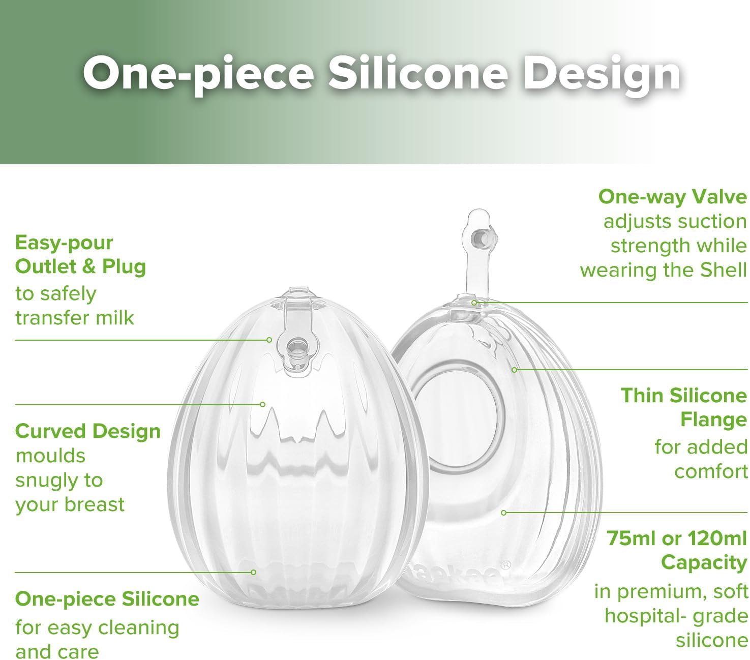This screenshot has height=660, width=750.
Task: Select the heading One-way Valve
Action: coord(672,197)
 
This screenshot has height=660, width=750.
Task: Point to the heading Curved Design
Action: coord(88,431)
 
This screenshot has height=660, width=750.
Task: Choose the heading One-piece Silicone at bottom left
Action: coord(107,599)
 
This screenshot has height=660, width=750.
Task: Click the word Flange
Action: coord(713,421)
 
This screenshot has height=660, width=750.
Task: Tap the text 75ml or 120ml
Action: coord(676,538)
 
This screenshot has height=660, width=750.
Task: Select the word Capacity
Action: coord(704,563)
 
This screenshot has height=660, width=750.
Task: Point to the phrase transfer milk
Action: coord(74,318)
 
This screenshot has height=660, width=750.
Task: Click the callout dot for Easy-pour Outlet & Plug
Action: coord(269,340)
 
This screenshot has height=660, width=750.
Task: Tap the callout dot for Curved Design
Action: coord(262,405)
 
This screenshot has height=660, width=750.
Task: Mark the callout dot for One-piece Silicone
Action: coord(253,572)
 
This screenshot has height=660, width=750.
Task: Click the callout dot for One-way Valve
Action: coord(474,303)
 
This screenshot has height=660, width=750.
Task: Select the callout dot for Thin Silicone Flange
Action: coord(514,370)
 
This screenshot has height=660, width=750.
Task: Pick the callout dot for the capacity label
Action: coord(503,513)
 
